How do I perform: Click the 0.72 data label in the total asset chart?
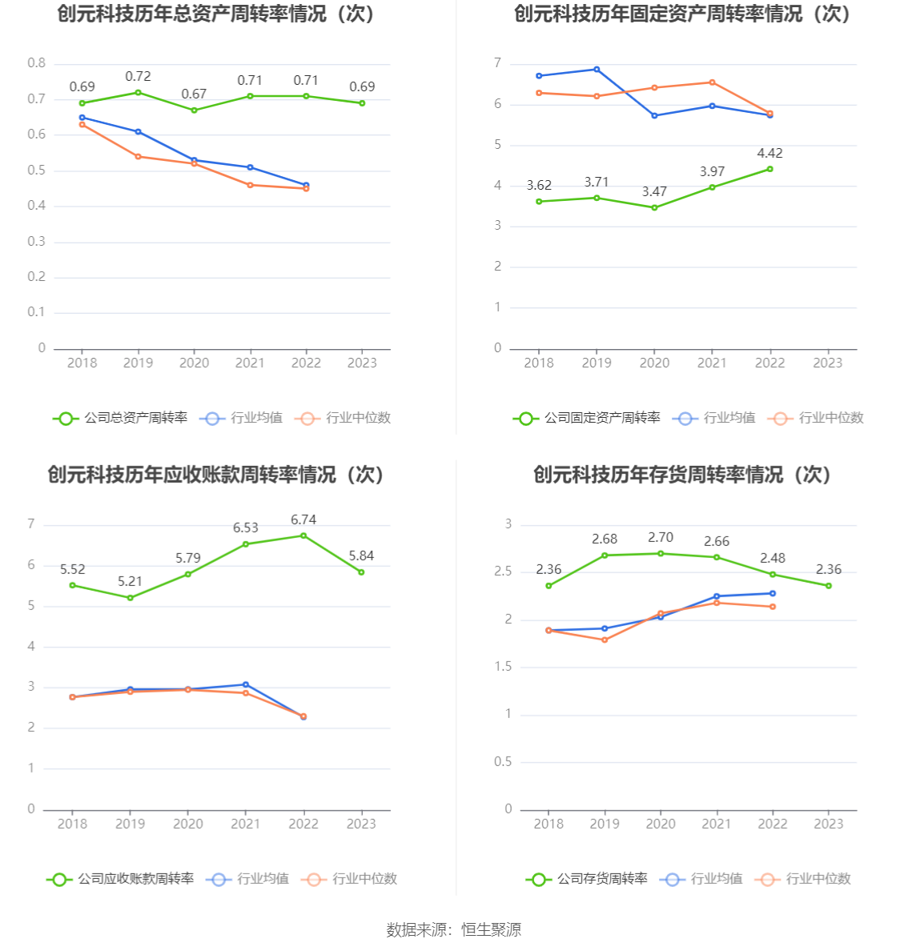pos(138,77)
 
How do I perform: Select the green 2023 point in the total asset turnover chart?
pos(362,103)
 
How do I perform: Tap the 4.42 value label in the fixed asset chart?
pos(769,154)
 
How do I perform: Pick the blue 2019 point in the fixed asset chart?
pos(597,70)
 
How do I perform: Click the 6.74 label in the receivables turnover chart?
pos(303,520)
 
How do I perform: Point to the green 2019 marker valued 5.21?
pos(131,597)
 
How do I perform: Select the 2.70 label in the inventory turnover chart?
pos(661,538)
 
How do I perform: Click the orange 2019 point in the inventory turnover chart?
pos(605,640)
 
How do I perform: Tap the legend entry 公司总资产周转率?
pos(121,418)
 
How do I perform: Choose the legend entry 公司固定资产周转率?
pos(587,418)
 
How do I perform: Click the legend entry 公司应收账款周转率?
pos(121,879)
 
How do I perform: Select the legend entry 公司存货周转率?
pos(587,879)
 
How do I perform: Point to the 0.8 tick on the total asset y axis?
pos(37,63)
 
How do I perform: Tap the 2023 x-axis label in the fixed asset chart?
pos(828,363)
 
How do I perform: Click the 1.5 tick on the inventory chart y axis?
pos(503,667)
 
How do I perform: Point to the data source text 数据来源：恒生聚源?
pos(454,929)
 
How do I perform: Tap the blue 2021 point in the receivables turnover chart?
pos(246,684)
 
